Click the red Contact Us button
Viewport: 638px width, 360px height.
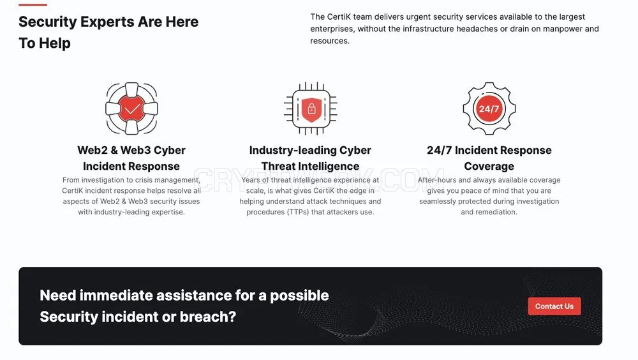click(554, 306)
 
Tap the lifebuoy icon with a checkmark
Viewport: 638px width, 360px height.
click(131, 109)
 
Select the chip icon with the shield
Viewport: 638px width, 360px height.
click(311, 109)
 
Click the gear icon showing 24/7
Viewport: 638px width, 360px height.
click(489, 109)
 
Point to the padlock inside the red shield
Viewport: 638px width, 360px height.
click(312, 109)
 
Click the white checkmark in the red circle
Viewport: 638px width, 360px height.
click(132, 109)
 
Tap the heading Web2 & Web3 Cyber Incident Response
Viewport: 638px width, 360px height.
click(131, 158)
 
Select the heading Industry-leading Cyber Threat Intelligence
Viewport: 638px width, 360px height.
click(310, 158)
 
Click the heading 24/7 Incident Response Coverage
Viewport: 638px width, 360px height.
click(489, 158)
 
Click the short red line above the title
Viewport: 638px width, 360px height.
click(33, 4)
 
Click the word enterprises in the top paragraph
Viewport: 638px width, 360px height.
click(332, 29)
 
